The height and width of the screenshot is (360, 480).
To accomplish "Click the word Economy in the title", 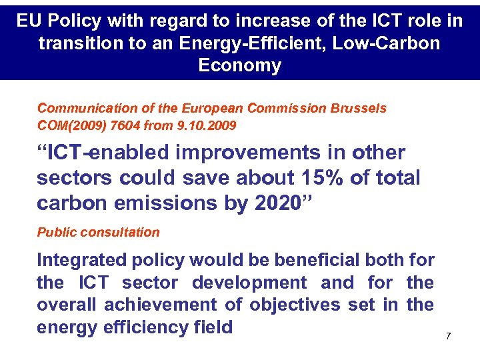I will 239,66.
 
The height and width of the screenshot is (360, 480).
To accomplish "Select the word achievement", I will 166,305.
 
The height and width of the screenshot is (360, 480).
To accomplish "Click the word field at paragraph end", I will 211,327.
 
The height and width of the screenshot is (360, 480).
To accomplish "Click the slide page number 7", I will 448,336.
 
